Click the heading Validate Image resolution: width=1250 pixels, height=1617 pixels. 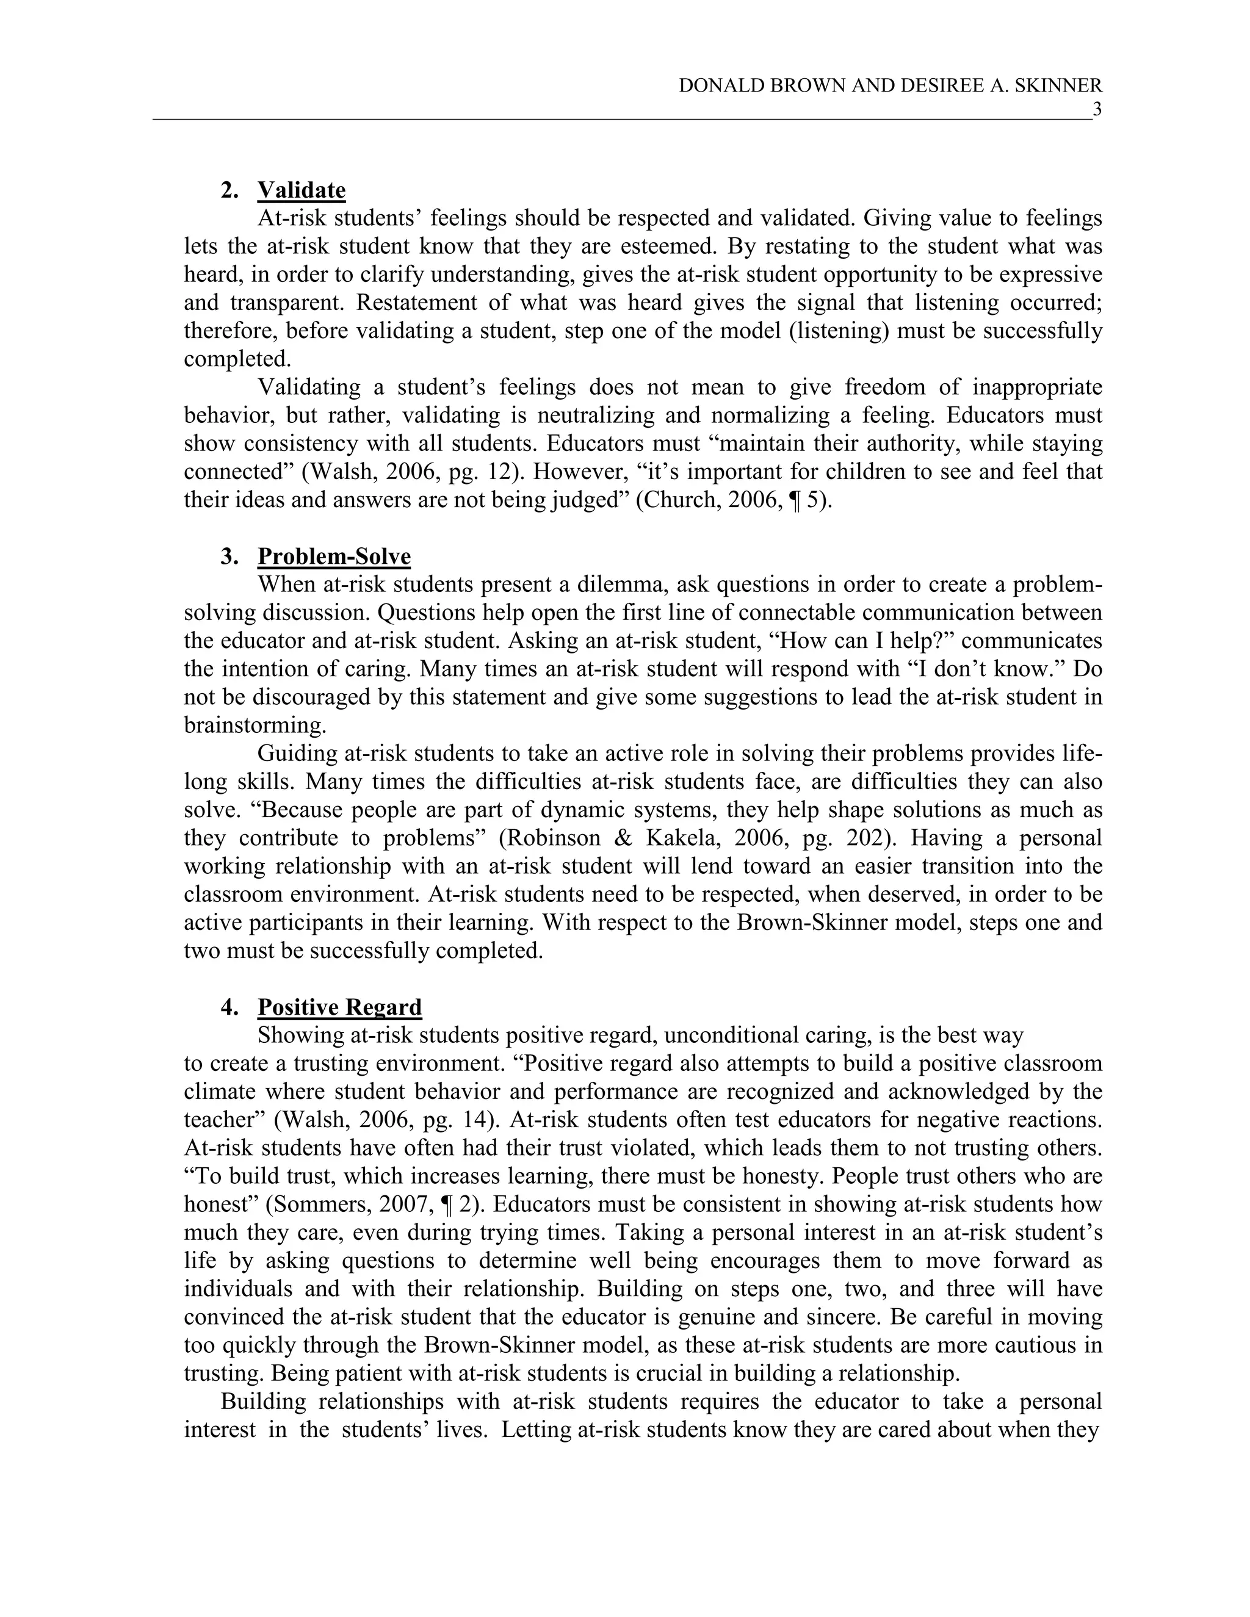pyautogui.click(x=302, y=190)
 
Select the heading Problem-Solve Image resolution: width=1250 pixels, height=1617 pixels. pyautogui.click(x=334, y=556)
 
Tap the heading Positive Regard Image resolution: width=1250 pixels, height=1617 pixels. pyautogui.click(x=339, y=1007)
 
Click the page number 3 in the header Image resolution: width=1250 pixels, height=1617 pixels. pyautogui.click(x=1097, y=110)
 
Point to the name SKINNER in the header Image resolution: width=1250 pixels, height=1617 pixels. pyautogui.click(x=1057, y=86)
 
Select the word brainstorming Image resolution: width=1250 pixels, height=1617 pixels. pyautogui.click(x=255, y=725)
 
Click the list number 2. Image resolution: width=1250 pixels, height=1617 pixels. pyautogui.click(x=228, y=191)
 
